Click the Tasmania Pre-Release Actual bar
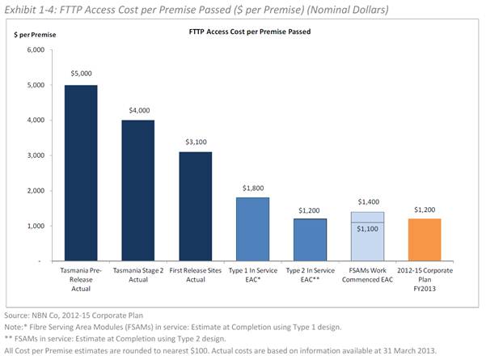click(x=81, y=173)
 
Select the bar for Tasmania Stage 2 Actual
click(x=138, y=191)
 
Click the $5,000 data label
click(x=81, y=74)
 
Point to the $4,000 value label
click(x=138, y=108)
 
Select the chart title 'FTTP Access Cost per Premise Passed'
click(x=244, y=32)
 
